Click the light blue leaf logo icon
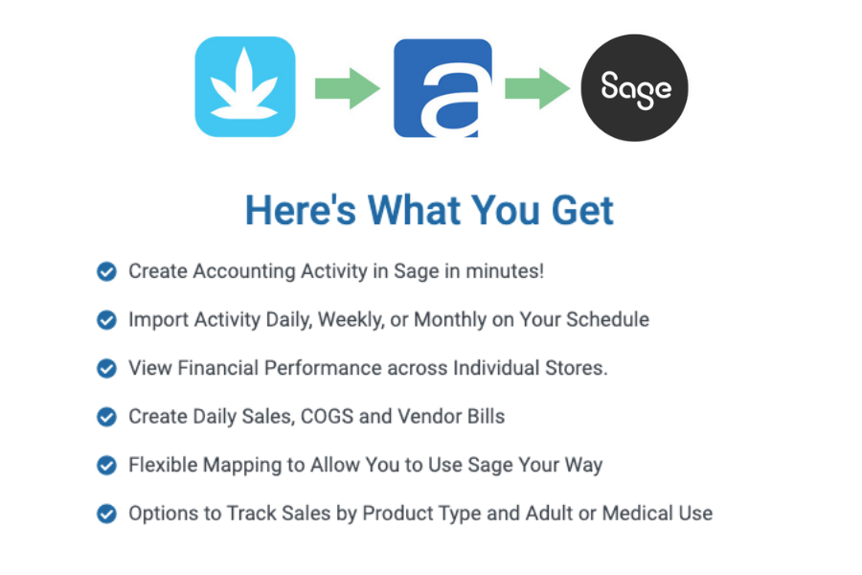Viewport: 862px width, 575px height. (x=245, y=86)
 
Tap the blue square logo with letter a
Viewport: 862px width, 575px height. (x=442, y=88)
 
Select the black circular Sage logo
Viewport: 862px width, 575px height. (x=634, y=88)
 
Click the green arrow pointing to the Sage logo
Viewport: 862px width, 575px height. (x=537, y=88)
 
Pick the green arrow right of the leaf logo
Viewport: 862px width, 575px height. (x=347, y=88)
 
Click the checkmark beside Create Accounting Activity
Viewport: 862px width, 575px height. (x=106, y=271)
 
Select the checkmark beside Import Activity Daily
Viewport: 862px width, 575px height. (x=106, y=320)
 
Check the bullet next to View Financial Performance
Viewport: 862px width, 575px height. (x=106, y=368)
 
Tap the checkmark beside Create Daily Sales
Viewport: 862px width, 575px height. (x=106, y=417)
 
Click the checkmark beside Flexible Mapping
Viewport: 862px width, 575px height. (x=106, y=465)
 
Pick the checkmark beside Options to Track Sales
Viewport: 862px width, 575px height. (x=106, y=514)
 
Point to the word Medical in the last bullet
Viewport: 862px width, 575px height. (x=637, y=514)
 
